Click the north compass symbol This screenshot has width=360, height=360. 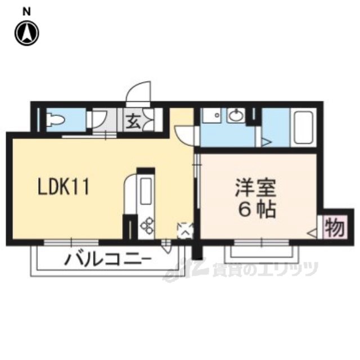click(27, 33)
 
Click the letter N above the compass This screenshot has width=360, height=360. click(27, 10)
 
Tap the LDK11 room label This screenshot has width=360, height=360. click(63, 186)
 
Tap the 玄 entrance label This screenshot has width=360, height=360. click(133, 120)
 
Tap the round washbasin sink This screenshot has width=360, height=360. click(235, 116)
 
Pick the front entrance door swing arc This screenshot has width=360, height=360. click(139, 93)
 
